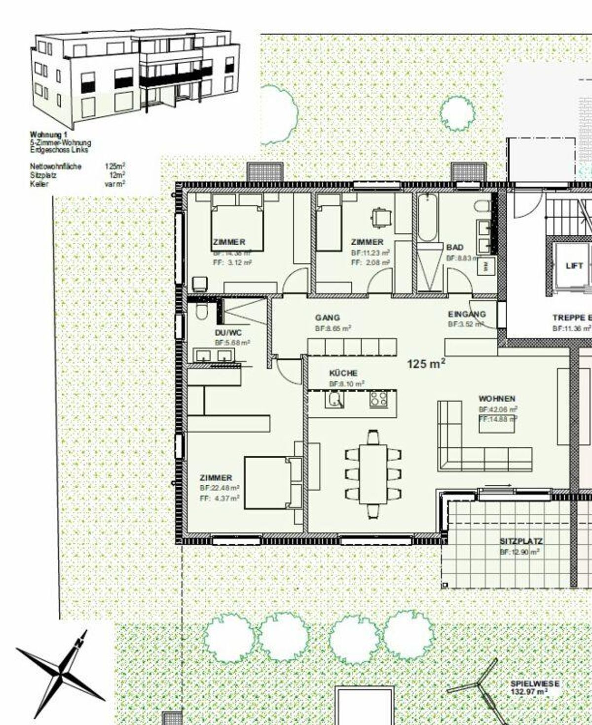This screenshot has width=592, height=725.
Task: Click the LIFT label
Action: (574, 266)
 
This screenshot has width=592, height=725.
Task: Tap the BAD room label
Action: (455, 247)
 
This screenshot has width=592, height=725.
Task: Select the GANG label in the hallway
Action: (328, 318)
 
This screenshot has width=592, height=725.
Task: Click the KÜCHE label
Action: (343, 373)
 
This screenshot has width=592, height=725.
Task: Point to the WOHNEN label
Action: (497, 399)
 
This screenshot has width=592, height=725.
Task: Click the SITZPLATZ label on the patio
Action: (521, 542)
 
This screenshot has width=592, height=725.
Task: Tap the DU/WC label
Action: (228, 332)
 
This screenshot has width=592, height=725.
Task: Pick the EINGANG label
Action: (467, 314)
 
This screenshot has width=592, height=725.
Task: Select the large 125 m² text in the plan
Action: (426, 364)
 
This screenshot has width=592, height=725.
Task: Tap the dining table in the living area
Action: (373, 473)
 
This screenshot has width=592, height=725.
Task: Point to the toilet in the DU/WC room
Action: (201, 312)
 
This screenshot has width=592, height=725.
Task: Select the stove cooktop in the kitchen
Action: (379, 399)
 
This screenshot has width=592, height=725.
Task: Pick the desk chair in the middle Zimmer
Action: (380, 217)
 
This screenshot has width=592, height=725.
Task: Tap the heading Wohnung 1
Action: (48, 134)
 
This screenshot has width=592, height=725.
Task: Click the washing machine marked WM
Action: (485, 266)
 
